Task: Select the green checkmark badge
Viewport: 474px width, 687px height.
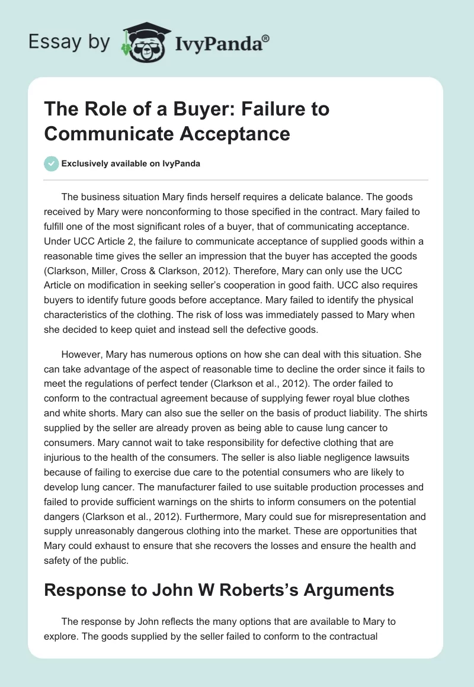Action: click(x=52, y=164)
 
